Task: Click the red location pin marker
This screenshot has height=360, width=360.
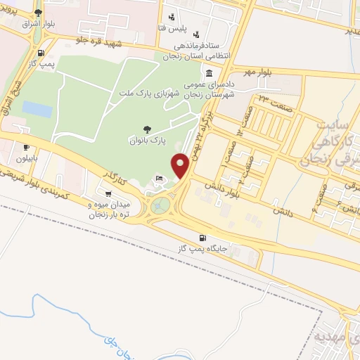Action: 181,165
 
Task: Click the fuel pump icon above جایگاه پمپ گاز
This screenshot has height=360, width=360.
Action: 203,238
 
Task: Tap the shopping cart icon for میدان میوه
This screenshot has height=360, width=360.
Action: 108,193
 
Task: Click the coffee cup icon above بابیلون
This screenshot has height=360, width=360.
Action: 26,148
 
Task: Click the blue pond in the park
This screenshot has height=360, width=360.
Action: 37,109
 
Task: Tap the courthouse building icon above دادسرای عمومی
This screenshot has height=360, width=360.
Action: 210,74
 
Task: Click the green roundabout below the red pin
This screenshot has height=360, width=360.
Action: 160,205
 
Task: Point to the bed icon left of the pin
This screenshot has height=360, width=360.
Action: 160,177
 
